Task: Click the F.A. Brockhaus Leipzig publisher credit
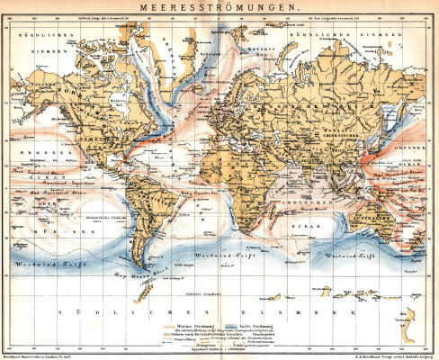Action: click(x=391, y=356)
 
